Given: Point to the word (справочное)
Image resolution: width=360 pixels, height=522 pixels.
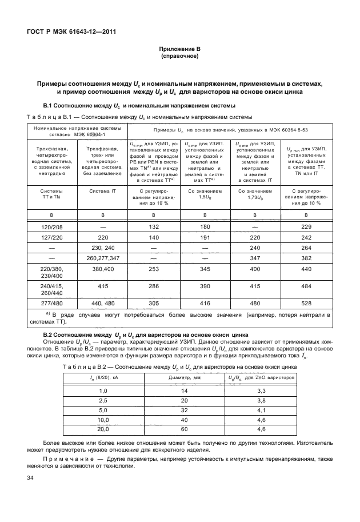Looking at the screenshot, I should (x=179, y=57).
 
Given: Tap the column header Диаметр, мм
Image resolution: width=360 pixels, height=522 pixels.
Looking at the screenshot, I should (x=185, y=378).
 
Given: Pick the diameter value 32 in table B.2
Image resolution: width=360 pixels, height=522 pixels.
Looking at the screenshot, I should (x=185, y=410).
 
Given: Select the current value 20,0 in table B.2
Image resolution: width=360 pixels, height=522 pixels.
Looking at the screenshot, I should (x=103, y=429).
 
